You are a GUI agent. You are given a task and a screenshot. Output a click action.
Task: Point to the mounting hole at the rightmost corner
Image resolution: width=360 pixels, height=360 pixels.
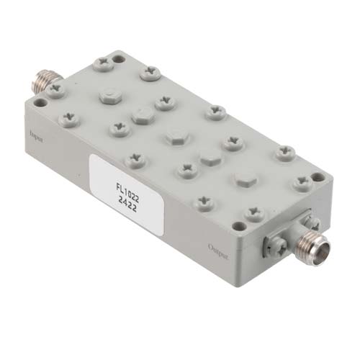point(318,176)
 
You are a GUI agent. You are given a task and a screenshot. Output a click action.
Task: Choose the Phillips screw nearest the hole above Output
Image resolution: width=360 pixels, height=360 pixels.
point(253,213)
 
